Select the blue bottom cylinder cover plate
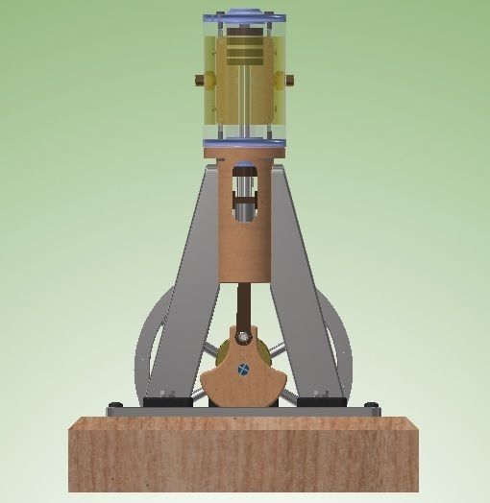245,144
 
